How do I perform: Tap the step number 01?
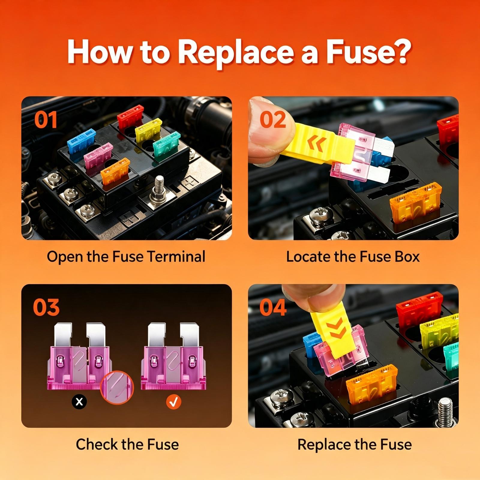coord(46,120)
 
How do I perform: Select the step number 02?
coord(273,120)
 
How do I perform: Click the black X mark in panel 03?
coord(79,401)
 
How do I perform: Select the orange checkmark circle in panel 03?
coord(174,401)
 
